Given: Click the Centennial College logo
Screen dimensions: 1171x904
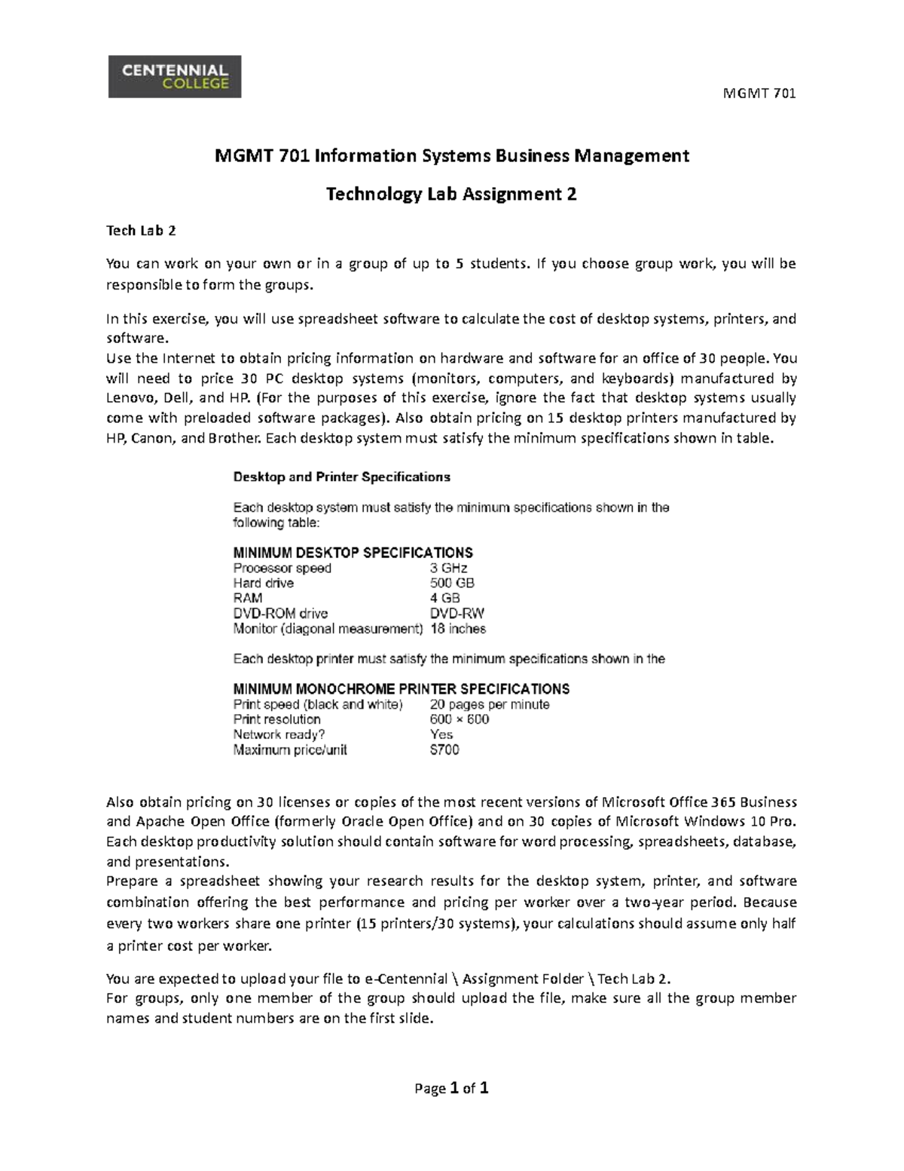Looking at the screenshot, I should pyautogui.click(x=175, y=77).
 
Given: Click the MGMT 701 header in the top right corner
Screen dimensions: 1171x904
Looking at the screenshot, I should pyautogui.click(x=759, y=93).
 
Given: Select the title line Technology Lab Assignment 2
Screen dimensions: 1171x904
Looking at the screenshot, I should pyautogui.click(x=451, y=195).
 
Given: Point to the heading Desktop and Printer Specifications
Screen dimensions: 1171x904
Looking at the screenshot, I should pyautogui.click(x=341, y=477).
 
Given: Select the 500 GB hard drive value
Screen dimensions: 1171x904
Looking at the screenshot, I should pyautogui.click(x=451, y=583).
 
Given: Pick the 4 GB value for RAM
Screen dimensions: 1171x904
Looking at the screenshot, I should pyautogui.click(x=444, y=598).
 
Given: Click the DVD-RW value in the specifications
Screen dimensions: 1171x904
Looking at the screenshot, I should pyautogui.click(x=457, y=613).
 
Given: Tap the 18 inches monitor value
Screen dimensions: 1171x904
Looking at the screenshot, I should pyautogui.click(x=457, y=628).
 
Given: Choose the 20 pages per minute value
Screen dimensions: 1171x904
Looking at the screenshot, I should pyautogui.click(x=489, y=704).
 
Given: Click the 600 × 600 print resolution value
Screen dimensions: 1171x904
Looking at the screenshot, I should pyautogui.click(x=459, y=719).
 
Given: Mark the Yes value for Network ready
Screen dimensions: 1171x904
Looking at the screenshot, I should pyautogui.click(x=441, y=734).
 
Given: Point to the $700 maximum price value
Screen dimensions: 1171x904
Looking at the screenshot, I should pyautogui.click(x=444, y=750).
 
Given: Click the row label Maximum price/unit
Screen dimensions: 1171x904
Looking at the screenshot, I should pyautogui.click(x=290, y=750).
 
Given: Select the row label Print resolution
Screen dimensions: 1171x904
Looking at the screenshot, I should pyautogui.click(x=276, y=719).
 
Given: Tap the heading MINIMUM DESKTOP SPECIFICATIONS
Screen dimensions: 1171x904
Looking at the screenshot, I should pyautogui.click(x=353, y=552).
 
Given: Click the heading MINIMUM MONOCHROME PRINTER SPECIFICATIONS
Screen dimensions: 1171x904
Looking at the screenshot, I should pyautogui.click(x=401, y=688).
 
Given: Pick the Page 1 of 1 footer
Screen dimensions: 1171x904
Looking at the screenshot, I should pyautogui.click(x=452, y=1088).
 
